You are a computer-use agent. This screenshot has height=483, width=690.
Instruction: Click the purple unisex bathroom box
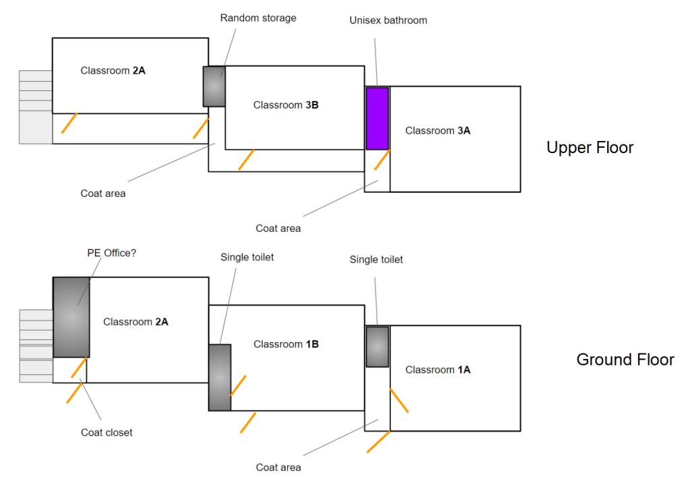click(377, 119)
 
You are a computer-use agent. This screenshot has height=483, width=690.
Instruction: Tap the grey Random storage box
click(214, 86)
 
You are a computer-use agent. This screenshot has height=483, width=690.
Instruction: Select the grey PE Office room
click(71, 317)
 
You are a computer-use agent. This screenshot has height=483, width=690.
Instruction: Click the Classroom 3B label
click(286, 105)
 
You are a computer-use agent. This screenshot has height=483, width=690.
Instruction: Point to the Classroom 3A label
click(438, 131)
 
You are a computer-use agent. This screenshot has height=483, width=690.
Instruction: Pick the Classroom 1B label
click(286, 345)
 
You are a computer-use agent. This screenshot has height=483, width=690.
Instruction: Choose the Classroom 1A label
click(438, 370)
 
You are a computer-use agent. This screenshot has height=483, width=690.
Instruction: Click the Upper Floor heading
click(590, 148)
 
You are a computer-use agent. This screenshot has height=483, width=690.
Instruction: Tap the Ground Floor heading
click(625, 360)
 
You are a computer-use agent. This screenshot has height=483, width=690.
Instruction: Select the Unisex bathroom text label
click(388, 20)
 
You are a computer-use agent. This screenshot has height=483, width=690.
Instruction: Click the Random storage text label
click(258, 18)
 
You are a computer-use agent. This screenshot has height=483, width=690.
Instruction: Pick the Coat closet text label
click(106, 432)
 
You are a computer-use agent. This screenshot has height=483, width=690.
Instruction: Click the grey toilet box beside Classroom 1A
click(377, 347)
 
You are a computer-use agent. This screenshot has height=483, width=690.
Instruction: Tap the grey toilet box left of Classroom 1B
click(220, 377)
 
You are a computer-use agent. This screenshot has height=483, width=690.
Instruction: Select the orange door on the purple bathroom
click(382, 159)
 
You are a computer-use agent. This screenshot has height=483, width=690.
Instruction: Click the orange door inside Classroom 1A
click(399, 400)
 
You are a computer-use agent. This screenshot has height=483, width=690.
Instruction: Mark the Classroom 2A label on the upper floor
click(113, 70)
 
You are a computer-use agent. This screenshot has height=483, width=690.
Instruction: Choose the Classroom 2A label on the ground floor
click(135, 322)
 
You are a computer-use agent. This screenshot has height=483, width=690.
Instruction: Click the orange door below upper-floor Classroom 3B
click(246, 160)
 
